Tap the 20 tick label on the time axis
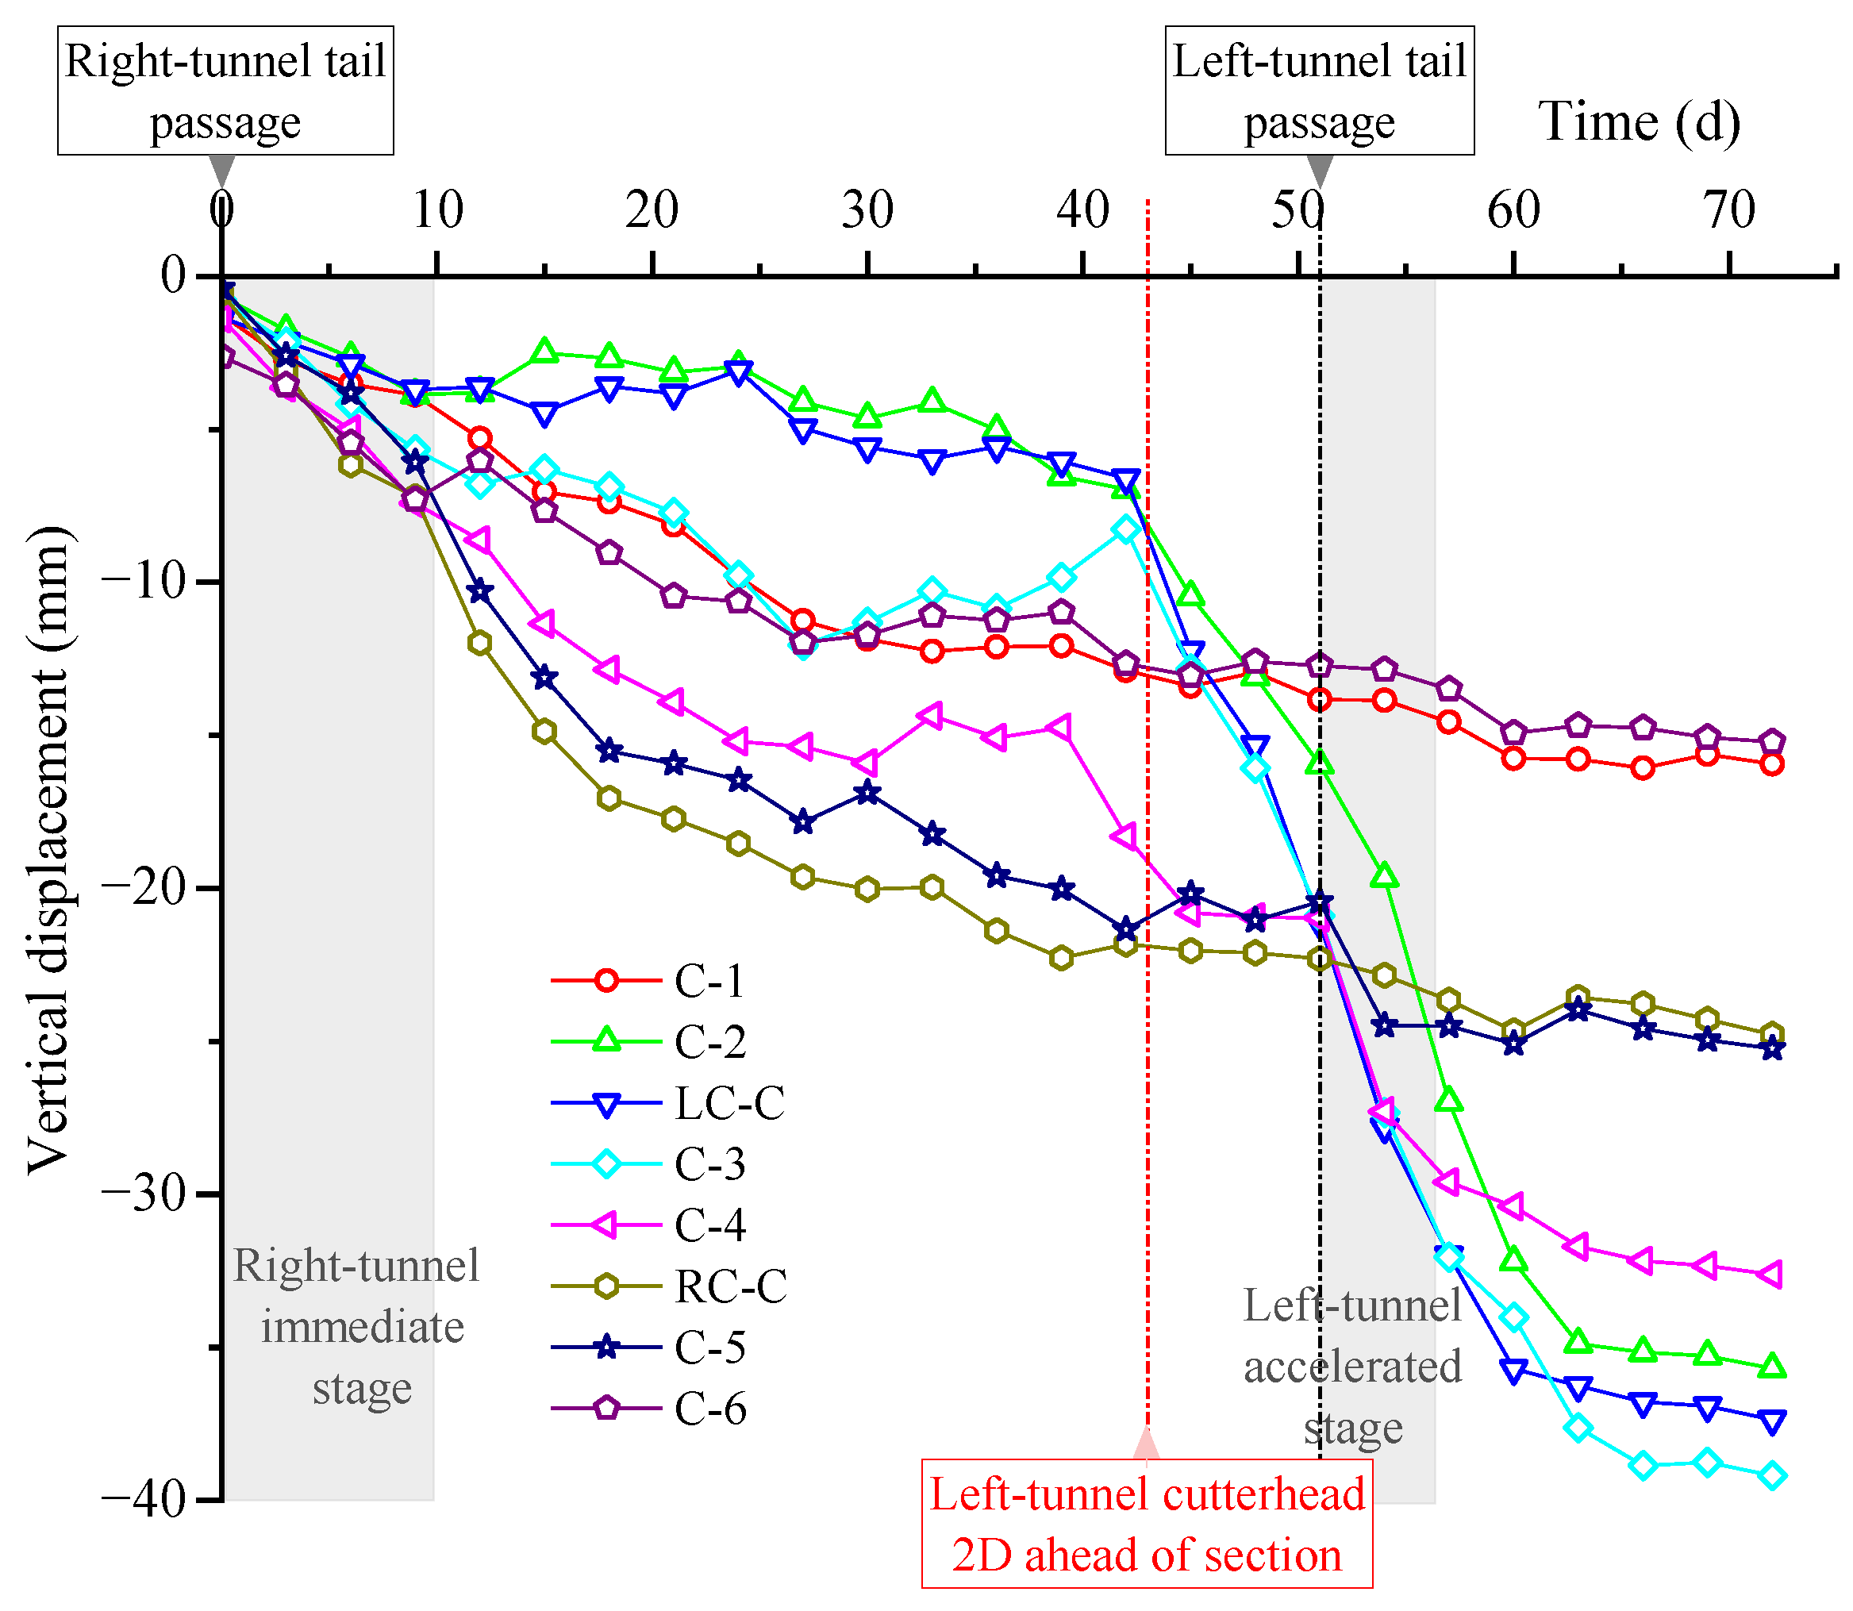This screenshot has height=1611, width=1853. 652,210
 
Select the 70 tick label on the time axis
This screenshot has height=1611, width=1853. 1729,210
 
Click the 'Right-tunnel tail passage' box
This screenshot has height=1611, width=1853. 225,90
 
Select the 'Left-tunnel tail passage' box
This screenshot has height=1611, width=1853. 1319,90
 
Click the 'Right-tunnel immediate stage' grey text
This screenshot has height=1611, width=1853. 359,1326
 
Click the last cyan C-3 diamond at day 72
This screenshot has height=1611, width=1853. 1773,1476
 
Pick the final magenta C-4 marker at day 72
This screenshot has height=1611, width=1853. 1770,1274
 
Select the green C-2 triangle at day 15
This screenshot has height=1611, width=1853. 544,351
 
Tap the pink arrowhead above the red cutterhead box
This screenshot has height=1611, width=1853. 1147,1444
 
